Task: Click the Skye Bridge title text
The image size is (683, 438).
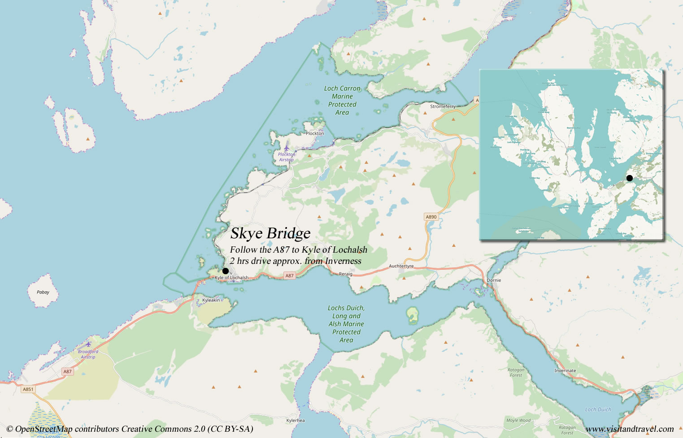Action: (x=270, y=233)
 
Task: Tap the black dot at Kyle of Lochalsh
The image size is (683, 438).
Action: (x=225, y=271)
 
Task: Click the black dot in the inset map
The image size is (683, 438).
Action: (x=629, y=178)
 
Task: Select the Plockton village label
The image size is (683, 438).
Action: (x=314, y=133)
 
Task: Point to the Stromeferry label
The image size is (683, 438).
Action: (x=442, y=106)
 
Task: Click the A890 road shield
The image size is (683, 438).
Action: (x=431, y=217)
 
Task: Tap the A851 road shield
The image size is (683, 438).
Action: (x=28, y=389)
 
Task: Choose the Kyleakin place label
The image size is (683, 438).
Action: (x=211, y=300)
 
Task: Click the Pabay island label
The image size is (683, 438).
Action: (x=43, y=292)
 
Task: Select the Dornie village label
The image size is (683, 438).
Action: (x=494, y=280)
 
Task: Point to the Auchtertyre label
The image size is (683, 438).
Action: (x=401, y=266)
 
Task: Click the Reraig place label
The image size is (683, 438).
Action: (x=345, y=274)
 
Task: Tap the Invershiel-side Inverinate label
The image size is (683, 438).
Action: (x=565, y=371)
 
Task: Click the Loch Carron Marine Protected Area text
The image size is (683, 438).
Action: (x=342, y=101)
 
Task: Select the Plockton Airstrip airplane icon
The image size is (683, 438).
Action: (x=287, y=148)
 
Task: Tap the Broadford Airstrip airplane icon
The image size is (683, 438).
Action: (x=88, y=345)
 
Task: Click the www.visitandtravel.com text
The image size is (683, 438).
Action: (x=630, y=429)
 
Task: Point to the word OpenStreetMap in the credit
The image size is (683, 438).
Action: (x=44, y=429)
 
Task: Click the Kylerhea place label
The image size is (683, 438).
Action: (x=295, y=420)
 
